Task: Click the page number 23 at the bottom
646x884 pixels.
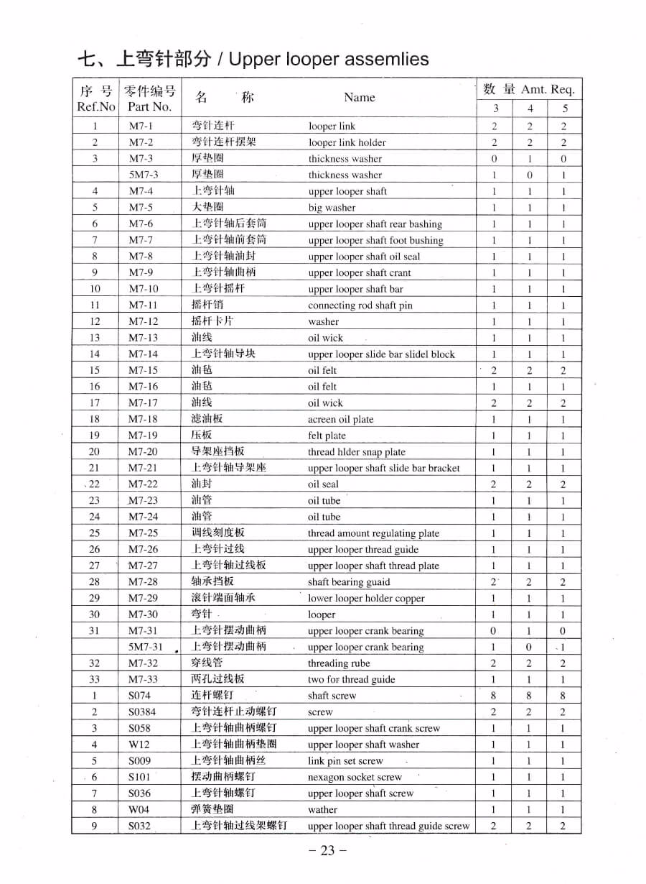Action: click(327, 851)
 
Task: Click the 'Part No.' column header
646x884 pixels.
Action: click(149, 106)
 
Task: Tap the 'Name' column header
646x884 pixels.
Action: click(359, 98)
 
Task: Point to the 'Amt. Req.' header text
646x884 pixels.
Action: click(548, 90)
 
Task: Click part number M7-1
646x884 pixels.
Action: click(141, 126)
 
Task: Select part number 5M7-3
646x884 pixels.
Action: click(144, 175)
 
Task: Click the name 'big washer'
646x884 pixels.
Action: click(332, 208)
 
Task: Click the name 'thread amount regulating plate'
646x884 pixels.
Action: click(373, 533)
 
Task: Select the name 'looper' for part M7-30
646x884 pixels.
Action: click(322, 615)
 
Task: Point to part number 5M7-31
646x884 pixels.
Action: click(146, 647)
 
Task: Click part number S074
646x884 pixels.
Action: click(140, 696)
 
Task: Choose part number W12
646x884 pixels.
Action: click(139, 745)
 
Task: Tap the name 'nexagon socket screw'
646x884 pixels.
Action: click(355, 778)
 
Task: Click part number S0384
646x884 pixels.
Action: click(142, 712)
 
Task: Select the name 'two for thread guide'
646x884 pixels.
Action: click(351, 680)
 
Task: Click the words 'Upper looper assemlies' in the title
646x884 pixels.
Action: click(329, 59)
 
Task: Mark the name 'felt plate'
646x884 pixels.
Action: click(327, 436)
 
